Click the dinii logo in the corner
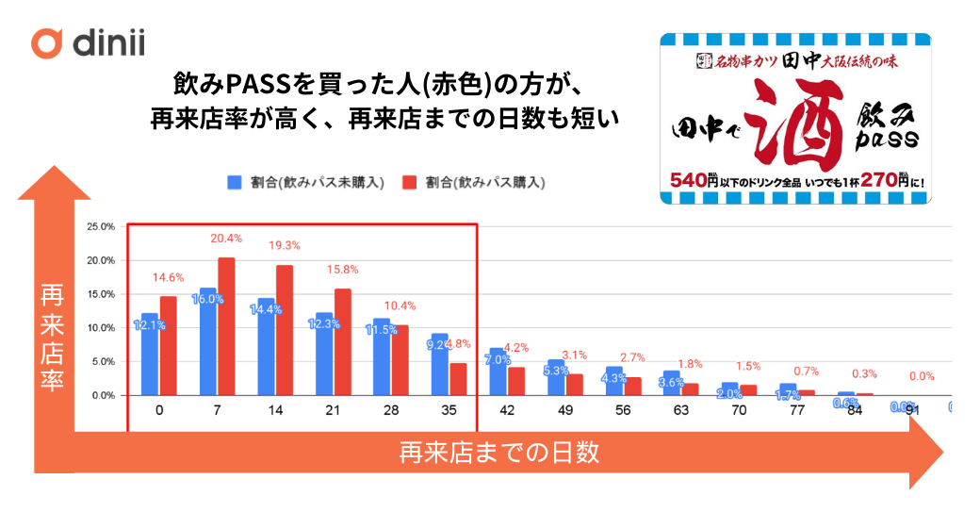[86, 43]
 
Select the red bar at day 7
[226, 327]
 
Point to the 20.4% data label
[226, 239]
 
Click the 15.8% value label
[342, 271]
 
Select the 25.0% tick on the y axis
[100, 226]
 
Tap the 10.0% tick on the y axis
[100, 328]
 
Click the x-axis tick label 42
[506, 410]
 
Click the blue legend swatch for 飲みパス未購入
[235, 182]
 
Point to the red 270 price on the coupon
[872, 178]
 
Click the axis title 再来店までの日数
[498, 454]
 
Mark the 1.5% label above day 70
[748, 366]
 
